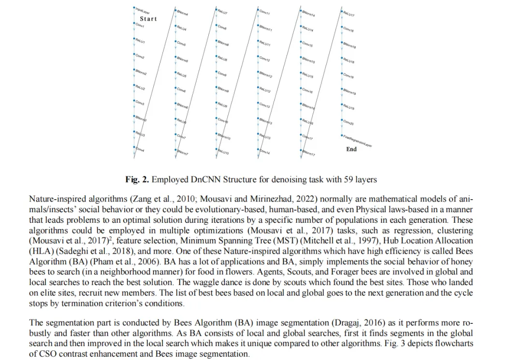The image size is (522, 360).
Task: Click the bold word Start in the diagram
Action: click(x=148, y=19)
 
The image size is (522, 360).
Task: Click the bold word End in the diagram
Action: click(x=351, y=149)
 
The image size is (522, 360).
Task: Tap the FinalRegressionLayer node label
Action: click(x=358, y=141)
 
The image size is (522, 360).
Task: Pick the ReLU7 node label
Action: click(x=222, y=11)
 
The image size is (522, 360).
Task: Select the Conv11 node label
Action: click(x=264, y=12)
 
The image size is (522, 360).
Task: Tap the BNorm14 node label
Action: click(x=308, y=13)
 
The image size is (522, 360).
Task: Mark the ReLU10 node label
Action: click(x=223, y=152)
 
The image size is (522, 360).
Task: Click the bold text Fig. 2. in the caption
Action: click(x=137, y=180)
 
